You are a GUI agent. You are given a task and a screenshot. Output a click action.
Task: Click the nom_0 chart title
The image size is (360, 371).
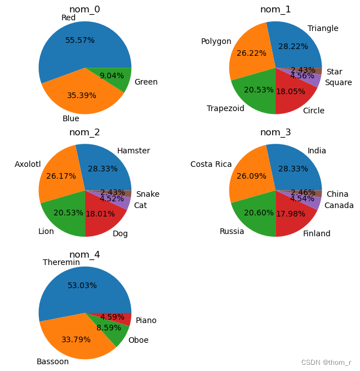85,9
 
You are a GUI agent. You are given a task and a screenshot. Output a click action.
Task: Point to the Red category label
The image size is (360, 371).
69,18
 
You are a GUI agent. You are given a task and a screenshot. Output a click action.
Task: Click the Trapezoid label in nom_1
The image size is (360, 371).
225,108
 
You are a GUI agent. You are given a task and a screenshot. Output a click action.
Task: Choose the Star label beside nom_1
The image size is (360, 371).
334,72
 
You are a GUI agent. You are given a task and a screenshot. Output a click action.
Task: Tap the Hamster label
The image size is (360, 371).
134,151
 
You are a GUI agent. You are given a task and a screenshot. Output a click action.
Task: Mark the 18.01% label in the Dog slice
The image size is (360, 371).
100,214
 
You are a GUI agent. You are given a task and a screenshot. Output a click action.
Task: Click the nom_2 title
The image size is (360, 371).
85,132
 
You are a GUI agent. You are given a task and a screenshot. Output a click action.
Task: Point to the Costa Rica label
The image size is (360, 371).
211,164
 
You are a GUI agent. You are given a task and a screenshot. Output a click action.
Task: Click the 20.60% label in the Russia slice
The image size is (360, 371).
259,213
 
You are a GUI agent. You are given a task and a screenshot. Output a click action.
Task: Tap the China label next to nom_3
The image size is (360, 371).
337,194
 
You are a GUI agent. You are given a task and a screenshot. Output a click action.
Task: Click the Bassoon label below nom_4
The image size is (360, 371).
53,361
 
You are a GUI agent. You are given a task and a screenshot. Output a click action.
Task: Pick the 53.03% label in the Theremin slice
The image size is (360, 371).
82,285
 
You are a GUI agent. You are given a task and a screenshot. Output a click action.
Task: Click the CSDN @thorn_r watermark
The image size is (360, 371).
326,362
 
